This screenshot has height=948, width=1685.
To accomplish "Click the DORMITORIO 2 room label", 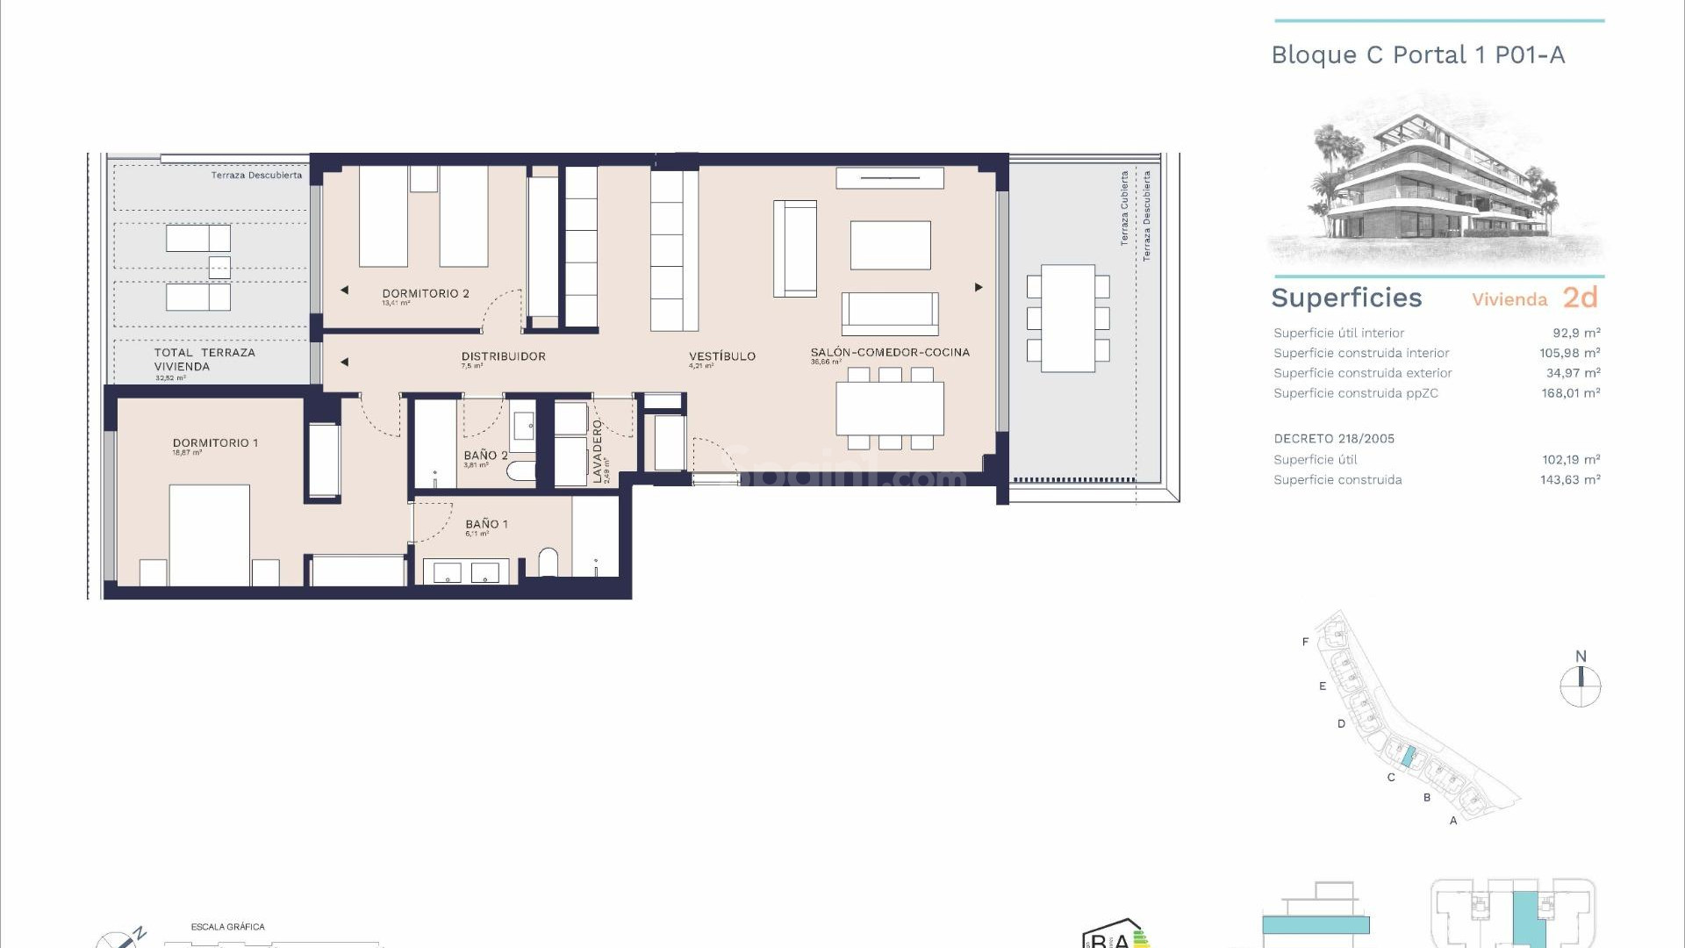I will click(426, 293).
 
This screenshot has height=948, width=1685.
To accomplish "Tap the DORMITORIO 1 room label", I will click(215, 443).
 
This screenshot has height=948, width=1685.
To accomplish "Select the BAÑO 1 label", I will click(486, 524).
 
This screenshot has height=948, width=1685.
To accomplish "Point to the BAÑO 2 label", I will click(485, 456).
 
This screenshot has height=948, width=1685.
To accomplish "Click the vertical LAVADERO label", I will click(598, 450).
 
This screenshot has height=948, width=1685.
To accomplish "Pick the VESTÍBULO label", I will click(721, 356).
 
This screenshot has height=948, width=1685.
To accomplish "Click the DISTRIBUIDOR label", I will click(503, 356).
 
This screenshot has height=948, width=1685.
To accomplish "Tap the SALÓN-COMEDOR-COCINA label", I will click(889, 352).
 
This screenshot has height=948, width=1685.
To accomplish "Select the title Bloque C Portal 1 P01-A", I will click(1417, 55).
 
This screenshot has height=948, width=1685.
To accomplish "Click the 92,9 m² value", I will click(1576, 333).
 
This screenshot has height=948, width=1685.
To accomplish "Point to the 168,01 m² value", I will click(1570, 393).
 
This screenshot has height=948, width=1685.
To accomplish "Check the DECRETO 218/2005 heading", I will click(1333, 439).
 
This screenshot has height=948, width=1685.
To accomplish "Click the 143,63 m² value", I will click(1570, 480).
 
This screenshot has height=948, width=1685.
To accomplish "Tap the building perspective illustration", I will click(1436, 180).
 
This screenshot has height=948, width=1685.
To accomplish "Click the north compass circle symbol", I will click(1580, 686).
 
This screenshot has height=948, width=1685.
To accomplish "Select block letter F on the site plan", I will click(1305, 642).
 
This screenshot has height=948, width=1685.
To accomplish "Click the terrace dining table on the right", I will click(1068, 318).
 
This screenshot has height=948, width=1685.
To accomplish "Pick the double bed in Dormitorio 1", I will click(209, 535).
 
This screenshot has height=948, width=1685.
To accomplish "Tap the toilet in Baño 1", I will click(548, 563).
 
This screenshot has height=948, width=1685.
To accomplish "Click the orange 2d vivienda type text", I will click(1580, 298).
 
